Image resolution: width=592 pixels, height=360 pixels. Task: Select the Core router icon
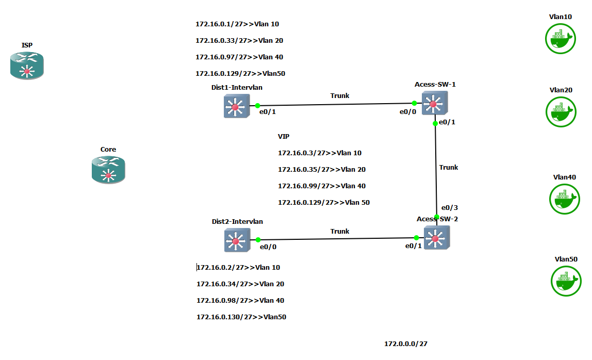108,170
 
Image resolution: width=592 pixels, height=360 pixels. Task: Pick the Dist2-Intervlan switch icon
237,240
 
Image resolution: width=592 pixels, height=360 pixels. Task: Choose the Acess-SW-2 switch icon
436,238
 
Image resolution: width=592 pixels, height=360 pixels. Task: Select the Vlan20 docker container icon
561,111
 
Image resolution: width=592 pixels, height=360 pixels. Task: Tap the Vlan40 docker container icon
564,199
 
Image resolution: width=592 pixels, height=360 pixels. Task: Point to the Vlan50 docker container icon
566,281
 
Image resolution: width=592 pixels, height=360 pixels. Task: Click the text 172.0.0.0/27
406,343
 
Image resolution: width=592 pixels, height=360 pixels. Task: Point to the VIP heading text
284,137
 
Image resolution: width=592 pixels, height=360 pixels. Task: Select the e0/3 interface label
450,208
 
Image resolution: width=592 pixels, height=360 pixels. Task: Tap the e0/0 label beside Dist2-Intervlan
268,247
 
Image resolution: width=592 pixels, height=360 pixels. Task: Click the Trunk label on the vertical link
449,168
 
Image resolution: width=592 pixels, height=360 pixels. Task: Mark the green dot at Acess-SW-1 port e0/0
415,103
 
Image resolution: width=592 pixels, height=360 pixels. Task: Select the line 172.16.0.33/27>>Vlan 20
239,41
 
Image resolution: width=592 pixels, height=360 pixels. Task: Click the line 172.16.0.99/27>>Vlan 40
322,186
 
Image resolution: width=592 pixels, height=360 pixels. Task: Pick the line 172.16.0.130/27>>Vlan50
241,317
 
